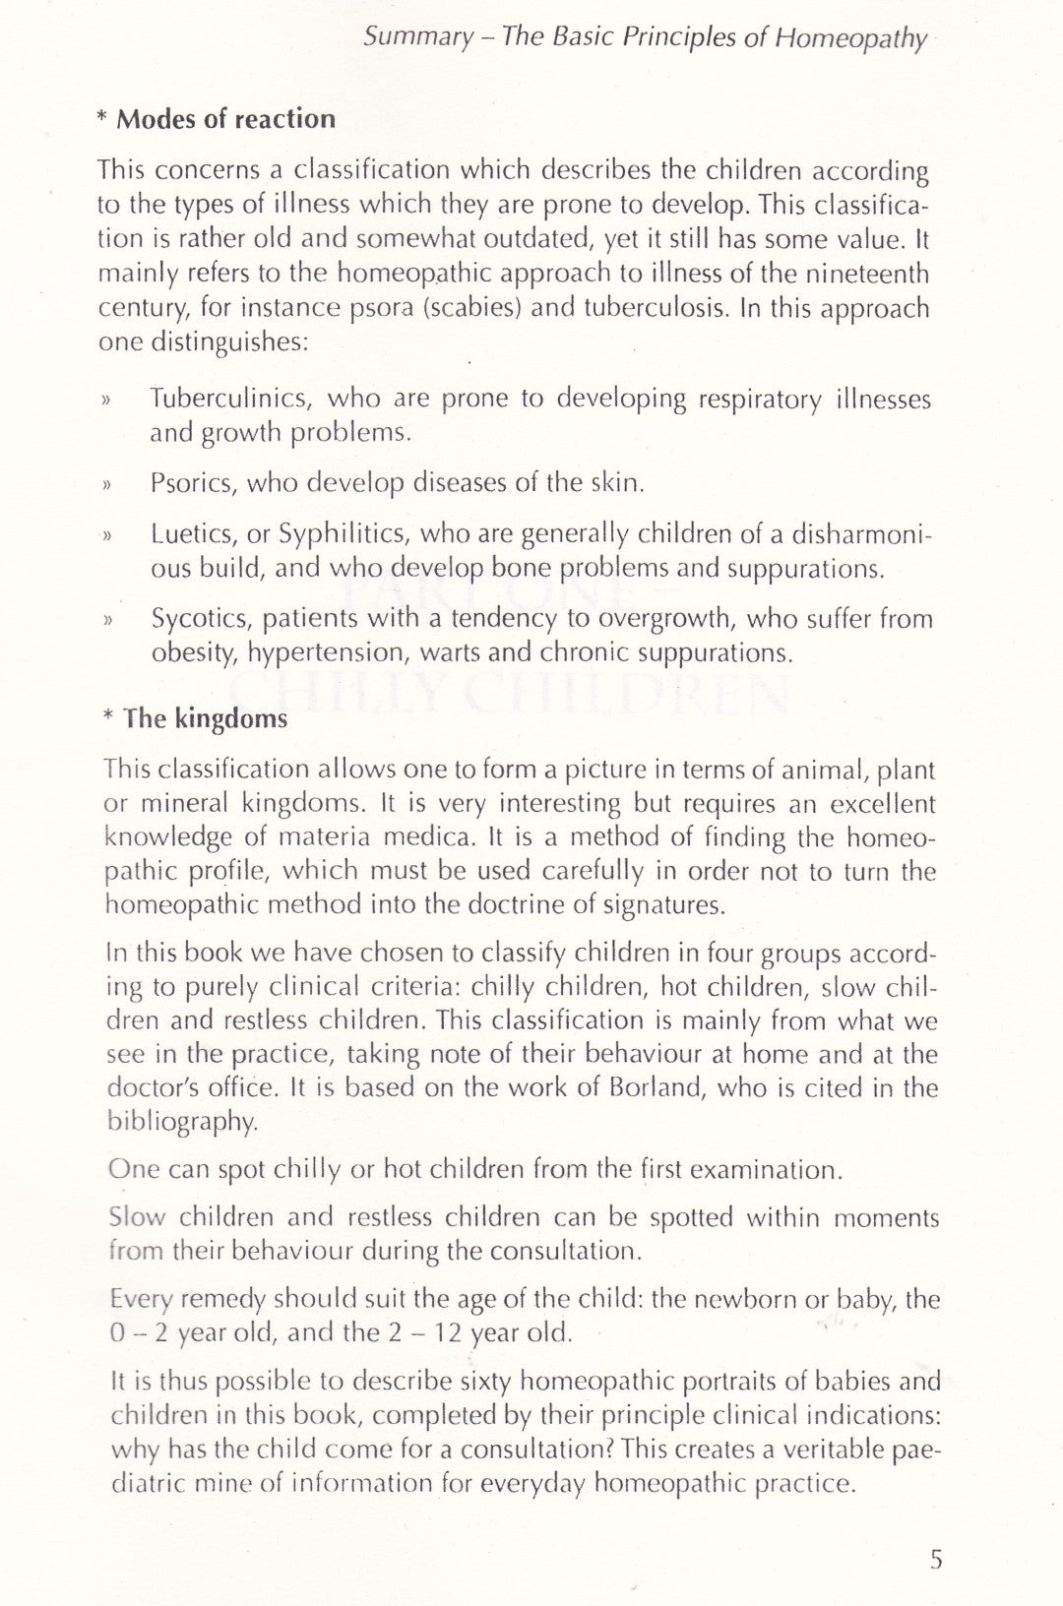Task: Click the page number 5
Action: (936, 1560)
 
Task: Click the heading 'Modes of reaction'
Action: (225, 119)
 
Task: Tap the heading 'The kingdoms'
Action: (206, 718)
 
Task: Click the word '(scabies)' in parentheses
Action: (477, 308)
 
